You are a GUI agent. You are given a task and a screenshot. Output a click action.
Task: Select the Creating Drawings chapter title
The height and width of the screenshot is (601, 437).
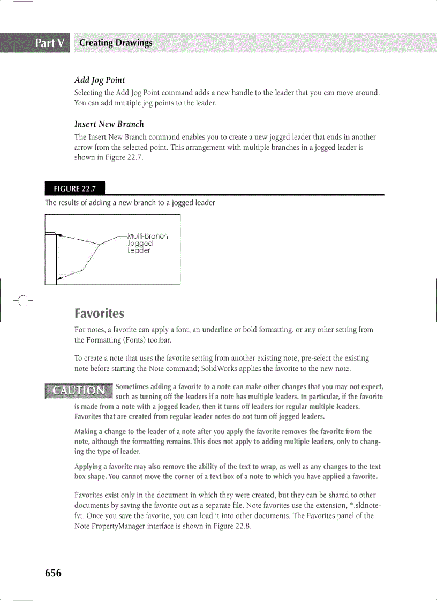pyautogui.click(x=116, y=43)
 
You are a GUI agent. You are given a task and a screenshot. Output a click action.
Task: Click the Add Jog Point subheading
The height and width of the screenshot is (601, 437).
pyautogui.click(x=100, y=80)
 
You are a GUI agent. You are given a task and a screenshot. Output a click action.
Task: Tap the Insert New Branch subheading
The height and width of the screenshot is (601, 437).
pyautogui.click(x=109, y=124)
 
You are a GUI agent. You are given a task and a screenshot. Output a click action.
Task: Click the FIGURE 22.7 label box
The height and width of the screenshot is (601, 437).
pyautogui.click(x=74, y=188)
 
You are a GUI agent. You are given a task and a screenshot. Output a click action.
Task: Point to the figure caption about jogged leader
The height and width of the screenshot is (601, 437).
pyautogui.click(x=130, y=203)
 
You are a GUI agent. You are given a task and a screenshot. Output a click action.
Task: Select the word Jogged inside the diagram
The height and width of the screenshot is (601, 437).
pyautogui.click(x=140, y=243)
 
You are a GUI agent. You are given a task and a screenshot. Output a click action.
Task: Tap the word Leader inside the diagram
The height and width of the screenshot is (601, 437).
pyautogui.click(x=139, y=250)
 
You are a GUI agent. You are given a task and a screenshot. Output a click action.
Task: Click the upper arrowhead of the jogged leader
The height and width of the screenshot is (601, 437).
pyautogui.click(x=60, y=234)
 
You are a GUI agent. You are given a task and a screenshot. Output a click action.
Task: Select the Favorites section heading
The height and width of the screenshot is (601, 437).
pyautogui.click(x=99, y=313)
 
